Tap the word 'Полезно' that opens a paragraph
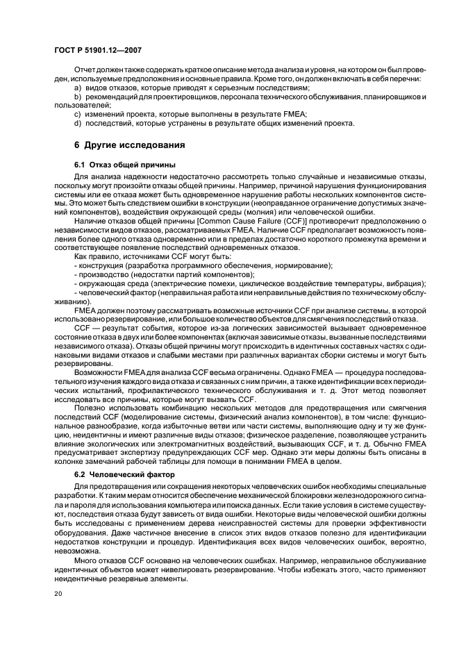coord(88,410)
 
